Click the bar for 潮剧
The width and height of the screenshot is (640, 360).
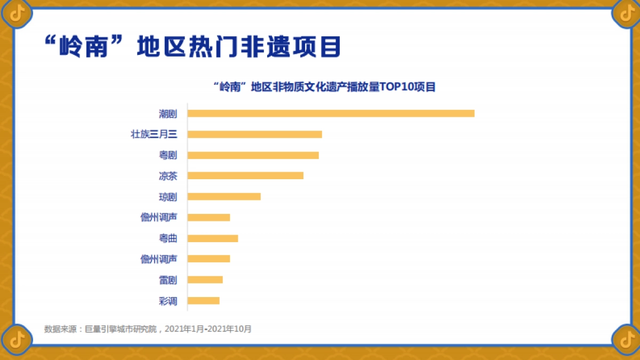pyautogui.click(x=331, y=113)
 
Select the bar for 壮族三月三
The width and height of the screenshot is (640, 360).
pyautogui.click(x=254, y=134)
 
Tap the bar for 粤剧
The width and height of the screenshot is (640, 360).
pyautogui.click(x=253, y=155)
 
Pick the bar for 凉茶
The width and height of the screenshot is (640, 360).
pyautogui.click(x=245, y=175)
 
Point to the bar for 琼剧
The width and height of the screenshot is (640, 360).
pyautogui.click(x=224, y=196)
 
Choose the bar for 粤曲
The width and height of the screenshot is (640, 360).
pyautogui.click(x=213, y=238)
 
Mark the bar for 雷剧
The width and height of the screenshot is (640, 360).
pyautogui.click(x=205, y=279)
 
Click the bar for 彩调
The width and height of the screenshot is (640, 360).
pyautogui.click(x=203, y=300)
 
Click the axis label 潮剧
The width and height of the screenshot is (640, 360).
pyautogui.click(x=167, y=114)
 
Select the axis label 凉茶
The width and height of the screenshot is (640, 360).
pyautogui.click(x=167, y=176)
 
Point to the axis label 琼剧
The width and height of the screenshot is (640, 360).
pyautogui.click(x=167, y=197)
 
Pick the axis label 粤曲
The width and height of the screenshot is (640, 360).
pyautogui.click(x=167, y=238)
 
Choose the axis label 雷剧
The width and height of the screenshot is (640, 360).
pyautogui.click(x=167, y=280)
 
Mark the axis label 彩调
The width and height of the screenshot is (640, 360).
pyautogui.click(x=167, y=301)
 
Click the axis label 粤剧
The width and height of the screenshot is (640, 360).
pyautogui.click(x=167, y=155)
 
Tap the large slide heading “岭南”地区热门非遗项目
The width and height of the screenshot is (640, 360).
pyautogui.click(x=191, y=47)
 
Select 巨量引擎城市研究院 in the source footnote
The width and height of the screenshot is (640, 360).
pyautogui.click(x=122, y=329)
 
